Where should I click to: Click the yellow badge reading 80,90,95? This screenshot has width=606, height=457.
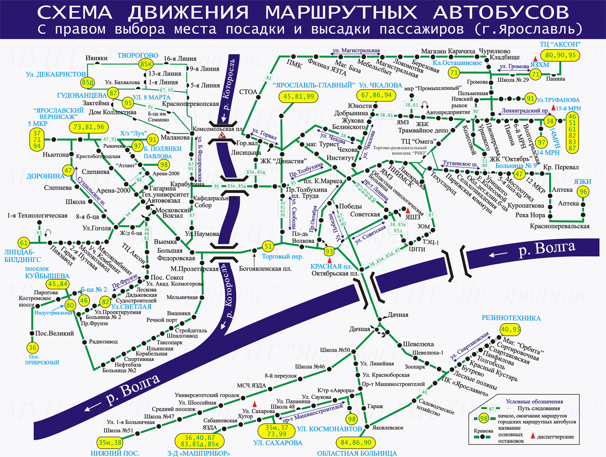click(561, 55)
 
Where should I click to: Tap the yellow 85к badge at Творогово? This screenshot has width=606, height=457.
click(146, 64)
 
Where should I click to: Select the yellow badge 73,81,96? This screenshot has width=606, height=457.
click(89, 127)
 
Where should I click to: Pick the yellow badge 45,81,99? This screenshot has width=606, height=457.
click(298, 97)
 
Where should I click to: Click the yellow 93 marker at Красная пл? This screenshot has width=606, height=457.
click(329, 252)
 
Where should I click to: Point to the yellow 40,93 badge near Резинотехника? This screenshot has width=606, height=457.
click(511, 330)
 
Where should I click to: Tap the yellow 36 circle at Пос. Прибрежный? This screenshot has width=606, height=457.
click(32, 348)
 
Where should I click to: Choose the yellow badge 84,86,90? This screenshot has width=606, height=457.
click(356, 443)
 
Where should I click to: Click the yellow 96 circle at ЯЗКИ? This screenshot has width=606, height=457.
click(583, 192)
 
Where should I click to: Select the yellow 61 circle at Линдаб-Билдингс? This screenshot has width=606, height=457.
click(24, 243)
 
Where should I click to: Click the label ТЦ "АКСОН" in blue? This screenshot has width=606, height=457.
click(560, 44)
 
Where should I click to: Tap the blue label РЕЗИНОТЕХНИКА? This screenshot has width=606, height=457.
click(511, 318)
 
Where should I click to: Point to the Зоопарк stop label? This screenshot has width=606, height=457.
click(415, 367)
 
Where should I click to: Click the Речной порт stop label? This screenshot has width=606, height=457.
click(162, 320)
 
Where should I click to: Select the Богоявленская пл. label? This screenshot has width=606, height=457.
click(265, 268)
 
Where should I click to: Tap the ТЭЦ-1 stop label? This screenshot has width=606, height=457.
click(431, 242)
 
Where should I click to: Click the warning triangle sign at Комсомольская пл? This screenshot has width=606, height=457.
click(222, 135)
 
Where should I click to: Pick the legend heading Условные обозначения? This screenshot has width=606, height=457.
click(534, 402)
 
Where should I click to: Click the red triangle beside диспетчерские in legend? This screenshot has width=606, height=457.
click(533, 436)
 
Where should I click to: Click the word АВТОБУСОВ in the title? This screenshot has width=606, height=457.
click(501, 12)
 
